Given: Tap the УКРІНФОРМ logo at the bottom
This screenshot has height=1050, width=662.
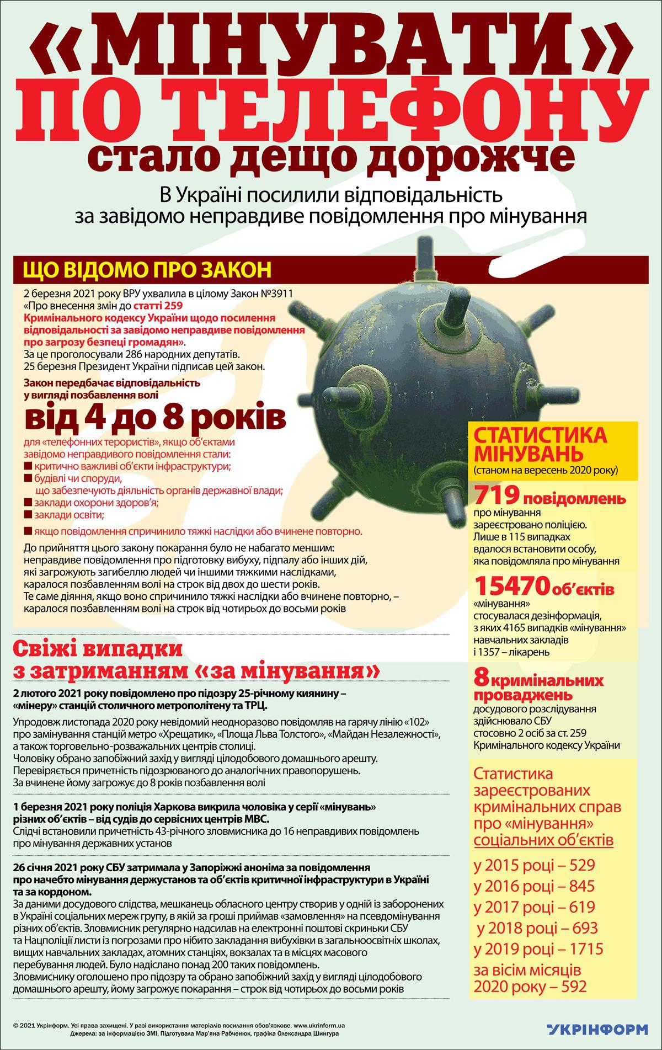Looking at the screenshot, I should pos(597,1027).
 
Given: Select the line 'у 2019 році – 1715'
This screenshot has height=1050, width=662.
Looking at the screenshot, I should pos(538,948).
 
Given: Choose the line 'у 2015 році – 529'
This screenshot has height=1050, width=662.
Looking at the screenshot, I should pos(534,864).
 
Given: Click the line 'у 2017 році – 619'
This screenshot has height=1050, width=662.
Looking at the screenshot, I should pos(534,907).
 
